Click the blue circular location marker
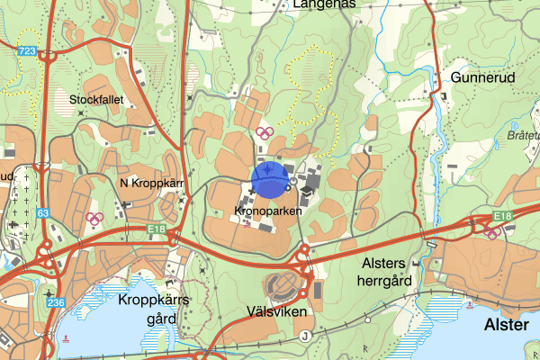click(x=269, y=178)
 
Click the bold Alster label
click(x=507, y=324)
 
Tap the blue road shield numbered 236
click(x=55, y=301)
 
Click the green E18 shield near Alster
click(x=501, y=216)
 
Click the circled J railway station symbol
click(x=305, y=336)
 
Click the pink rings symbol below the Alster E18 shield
click(x=491, y=231)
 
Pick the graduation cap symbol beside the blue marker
click(x=309, y=191)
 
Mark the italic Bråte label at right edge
click(x=523, y=134)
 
